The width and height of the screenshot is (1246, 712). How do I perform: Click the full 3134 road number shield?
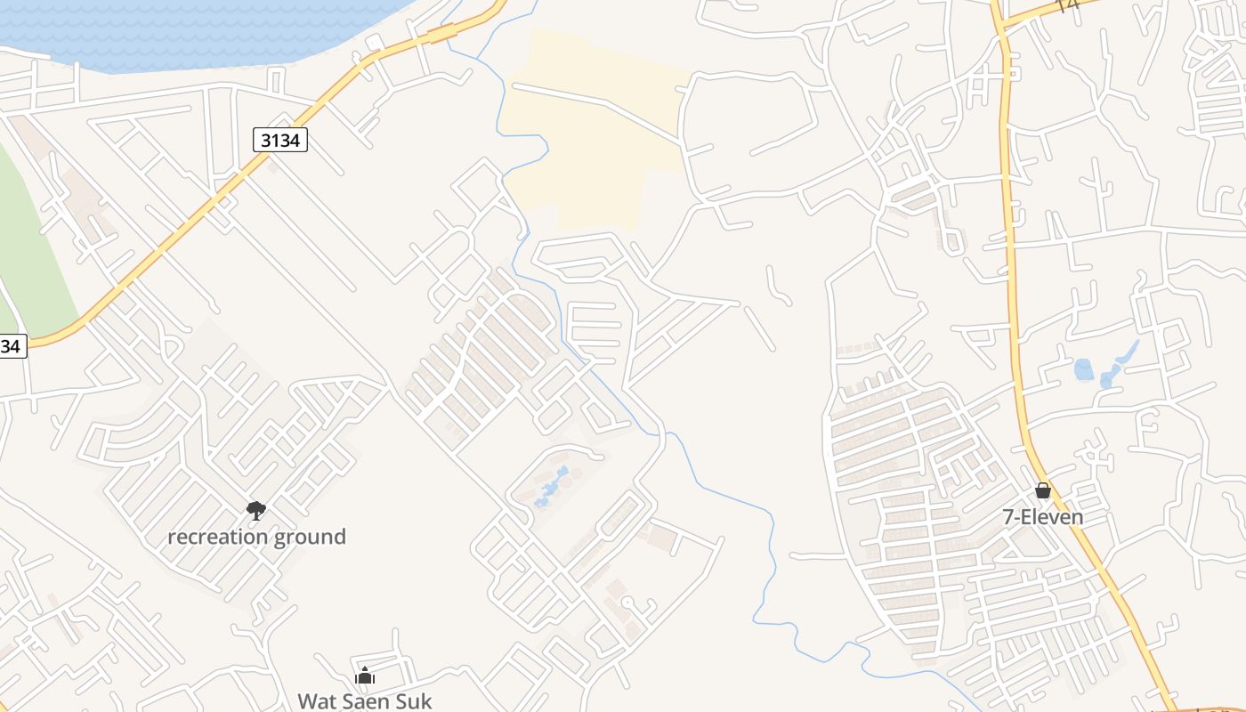[x=280, y=140]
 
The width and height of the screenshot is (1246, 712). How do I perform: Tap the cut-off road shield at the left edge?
[x=11, y=346]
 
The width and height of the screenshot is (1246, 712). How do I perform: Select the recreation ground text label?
[x=256, y=537]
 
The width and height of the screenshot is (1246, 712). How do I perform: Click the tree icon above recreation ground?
[x=256, y=510]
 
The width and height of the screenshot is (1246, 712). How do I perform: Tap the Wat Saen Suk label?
[x=364, y=700]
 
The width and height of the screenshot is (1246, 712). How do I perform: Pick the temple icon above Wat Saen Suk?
[x=365, y=676]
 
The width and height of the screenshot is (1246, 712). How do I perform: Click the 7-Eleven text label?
[x=1043, y=516]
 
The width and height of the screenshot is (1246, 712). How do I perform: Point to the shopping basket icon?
[x=1043, y=490]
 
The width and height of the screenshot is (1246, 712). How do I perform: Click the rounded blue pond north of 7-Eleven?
[x=1083, y=368]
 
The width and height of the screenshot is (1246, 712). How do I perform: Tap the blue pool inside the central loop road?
[x=552, y=486]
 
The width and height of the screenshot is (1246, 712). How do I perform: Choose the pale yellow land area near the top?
[x=596, y=133]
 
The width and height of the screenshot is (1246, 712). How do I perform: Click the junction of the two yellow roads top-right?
[x=1002, y=26]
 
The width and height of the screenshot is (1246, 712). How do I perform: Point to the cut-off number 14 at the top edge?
[x=1066, y=6]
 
